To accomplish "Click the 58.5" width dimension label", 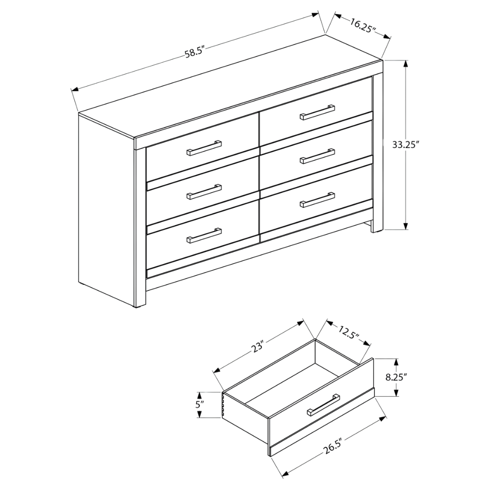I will tap(196, 53).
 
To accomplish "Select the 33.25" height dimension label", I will tap(406, 145).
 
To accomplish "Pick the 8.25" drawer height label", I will tap(397, 377).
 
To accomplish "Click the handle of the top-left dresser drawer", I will tap(204, 148).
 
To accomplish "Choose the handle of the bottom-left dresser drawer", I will tap(204, 235).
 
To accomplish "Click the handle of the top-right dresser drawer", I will tap(317, 112).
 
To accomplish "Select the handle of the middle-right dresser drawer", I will tap(317, 156).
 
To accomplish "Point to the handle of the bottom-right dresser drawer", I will tap(317, 200).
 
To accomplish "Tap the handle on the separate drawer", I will tap(324, 404).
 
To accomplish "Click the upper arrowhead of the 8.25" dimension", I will tap(397, 360).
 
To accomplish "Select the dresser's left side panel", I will tap(107, 208).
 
